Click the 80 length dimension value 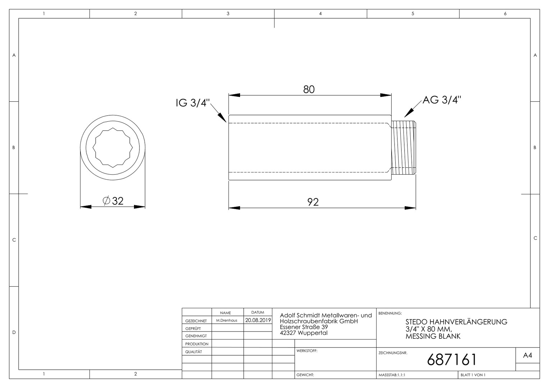click(x=309, y=89)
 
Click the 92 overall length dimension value click(x=313, y=202)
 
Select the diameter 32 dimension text click(x=113, y=201)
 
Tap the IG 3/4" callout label click(x=193, y=103)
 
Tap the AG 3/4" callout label click(x=442, y=100)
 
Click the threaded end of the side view click(x=403, y=148)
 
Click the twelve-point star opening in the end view click(x=113, y=148)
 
